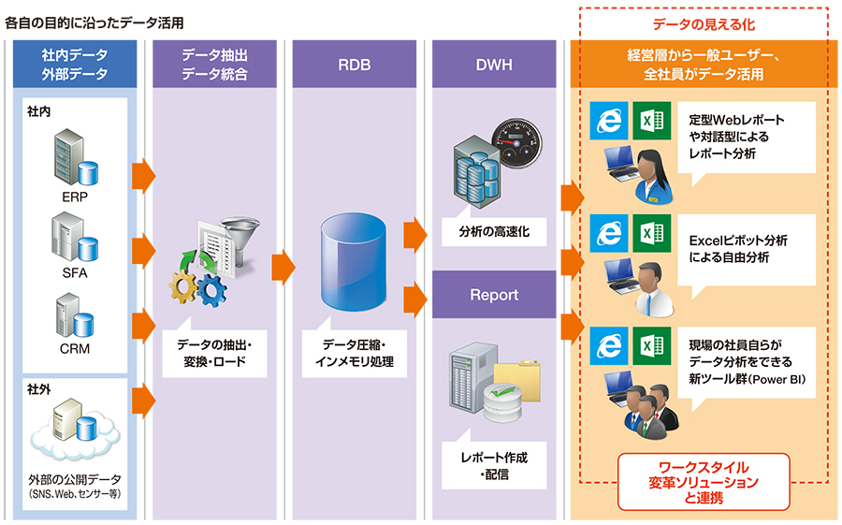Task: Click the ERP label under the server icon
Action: pyautogui.click(x=75, y=197)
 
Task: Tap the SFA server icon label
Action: pyautogui.click(x=75, y=273)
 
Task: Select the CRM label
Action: pyautogui.click(x=75, y=349)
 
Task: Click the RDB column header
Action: pyautogui.click(x=355, y=64)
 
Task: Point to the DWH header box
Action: pyautogui.click(x=494, y=64)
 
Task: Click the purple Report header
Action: pyautogui.click(x=494, y=295)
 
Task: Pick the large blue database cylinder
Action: pyautogui.click(x=354, y=262)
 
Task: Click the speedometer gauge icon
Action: pyautogui.click(x=516, y=143)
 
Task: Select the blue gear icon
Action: pyautogui.click(x=211, y=290)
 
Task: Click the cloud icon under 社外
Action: pyautogui.click(x=75, y=434)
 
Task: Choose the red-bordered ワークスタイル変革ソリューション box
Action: pyautogui.click(x=704, y=482)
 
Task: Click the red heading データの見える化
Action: pyautogui.click(x=704, y=24)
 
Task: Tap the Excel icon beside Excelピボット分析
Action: pyautogui.click(x=652, y=233)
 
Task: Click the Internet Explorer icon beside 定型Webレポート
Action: pyautogui.click(x=609, y=121)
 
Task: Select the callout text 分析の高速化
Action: pyautogui.click(x=494, y=231)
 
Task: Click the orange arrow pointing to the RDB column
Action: pyautogui.click(x=283, y=267)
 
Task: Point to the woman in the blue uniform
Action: pyautogui.click(x=653, y=177)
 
